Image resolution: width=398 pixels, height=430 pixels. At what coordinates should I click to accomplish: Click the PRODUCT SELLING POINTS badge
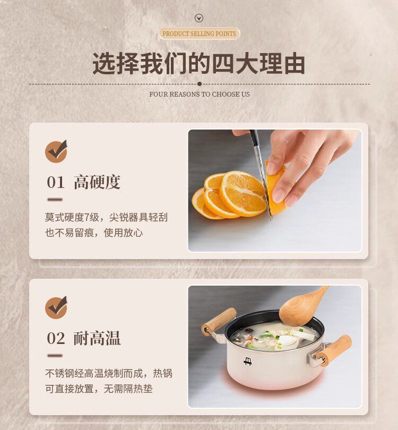(200, 34)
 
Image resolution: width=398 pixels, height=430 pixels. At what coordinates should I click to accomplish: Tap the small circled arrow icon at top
(199, 19)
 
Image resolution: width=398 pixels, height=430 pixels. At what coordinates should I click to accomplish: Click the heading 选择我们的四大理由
(198, 63)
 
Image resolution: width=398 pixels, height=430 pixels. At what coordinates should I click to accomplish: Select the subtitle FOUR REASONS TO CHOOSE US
(200, 94)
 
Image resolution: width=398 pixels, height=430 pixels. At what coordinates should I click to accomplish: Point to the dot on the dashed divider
(200, 84)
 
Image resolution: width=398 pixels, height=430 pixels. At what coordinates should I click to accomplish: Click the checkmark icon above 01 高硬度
(56, 151)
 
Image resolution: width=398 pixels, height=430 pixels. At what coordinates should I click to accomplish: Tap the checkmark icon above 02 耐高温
(56, 307)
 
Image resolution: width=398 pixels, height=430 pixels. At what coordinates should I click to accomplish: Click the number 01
(56, 183)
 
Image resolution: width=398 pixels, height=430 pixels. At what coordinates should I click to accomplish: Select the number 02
(56, 338)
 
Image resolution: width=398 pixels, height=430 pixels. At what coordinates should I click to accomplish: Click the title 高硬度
(97, 182)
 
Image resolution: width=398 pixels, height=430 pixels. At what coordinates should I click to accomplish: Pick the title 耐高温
(97, 338)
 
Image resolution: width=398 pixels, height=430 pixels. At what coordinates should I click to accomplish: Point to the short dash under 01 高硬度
(55, 200)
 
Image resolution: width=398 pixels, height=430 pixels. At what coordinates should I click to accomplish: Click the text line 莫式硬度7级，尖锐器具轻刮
(106, 218)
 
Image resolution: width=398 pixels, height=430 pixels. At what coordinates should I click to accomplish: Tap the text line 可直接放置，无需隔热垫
(99, 389)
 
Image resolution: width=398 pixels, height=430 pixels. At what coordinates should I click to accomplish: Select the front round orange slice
(244, 193)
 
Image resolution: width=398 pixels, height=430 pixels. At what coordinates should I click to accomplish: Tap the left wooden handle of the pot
(219, 321)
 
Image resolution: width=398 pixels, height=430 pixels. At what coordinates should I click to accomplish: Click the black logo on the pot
(248, 361)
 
